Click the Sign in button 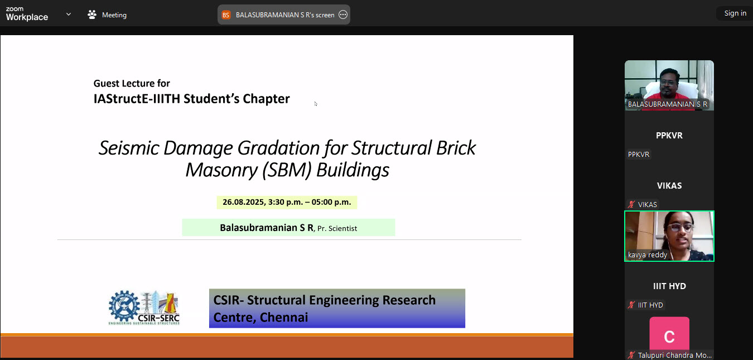735,13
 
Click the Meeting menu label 114,15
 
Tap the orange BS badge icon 226,15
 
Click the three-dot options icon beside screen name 343,15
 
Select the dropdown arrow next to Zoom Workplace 69,14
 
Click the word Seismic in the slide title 129,148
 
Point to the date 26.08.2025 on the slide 244,202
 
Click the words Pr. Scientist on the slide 337,228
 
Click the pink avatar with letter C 669,334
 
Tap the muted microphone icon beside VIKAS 631,204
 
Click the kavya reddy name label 648,255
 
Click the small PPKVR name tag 639,155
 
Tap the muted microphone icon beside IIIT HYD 631,305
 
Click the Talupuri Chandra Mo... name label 675,356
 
